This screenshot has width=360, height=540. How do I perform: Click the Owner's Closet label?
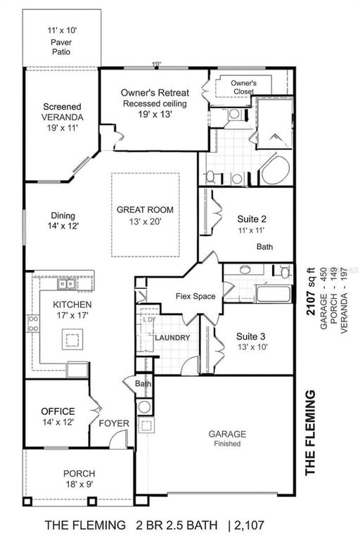[243, 86]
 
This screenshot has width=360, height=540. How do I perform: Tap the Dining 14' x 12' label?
[63, 221]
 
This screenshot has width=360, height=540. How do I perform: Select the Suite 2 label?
[251, 224]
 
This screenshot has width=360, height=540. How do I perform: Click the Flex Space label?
[195, 296]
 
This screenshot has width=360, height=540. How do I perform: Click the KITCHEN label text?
[72, 310]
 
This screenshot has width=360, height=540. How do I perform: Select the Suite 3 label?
[251, 340]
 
